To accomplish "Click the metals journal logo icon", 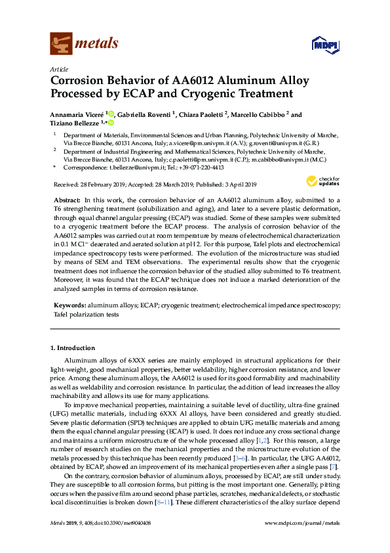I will click(61, 44).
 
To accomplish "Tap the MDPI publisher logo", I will click(325, 45).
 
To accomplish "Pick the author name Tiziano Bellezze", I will click(74, 123).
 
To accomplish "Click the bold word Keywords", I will click(68, 306).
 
